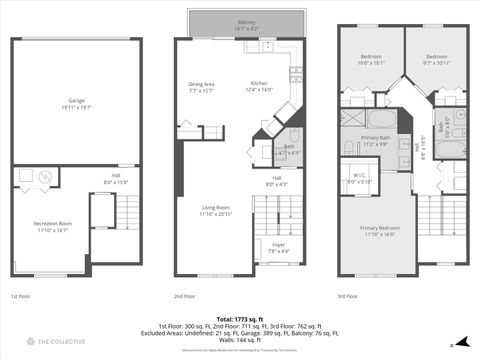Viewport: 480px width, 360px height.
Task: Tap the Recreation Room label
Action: pos(52,226)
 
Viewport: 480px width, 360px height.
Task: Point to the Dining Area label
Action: pos(202,86)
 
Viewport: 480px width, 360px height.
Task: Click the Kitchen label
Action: pos(258,86)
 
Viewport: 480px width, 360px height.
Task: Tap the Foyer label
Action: pos(271,248)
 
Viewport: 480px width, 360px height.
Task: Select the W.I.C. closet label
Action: pos(358,179)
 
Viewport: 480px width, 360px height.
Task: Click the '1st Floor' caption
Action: pos(20,296)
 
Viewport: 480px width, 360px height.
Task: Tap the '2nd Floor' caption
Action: pos(186,296)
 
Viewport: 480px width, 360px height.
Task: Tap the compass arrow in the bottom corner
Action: pos(463,342)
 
